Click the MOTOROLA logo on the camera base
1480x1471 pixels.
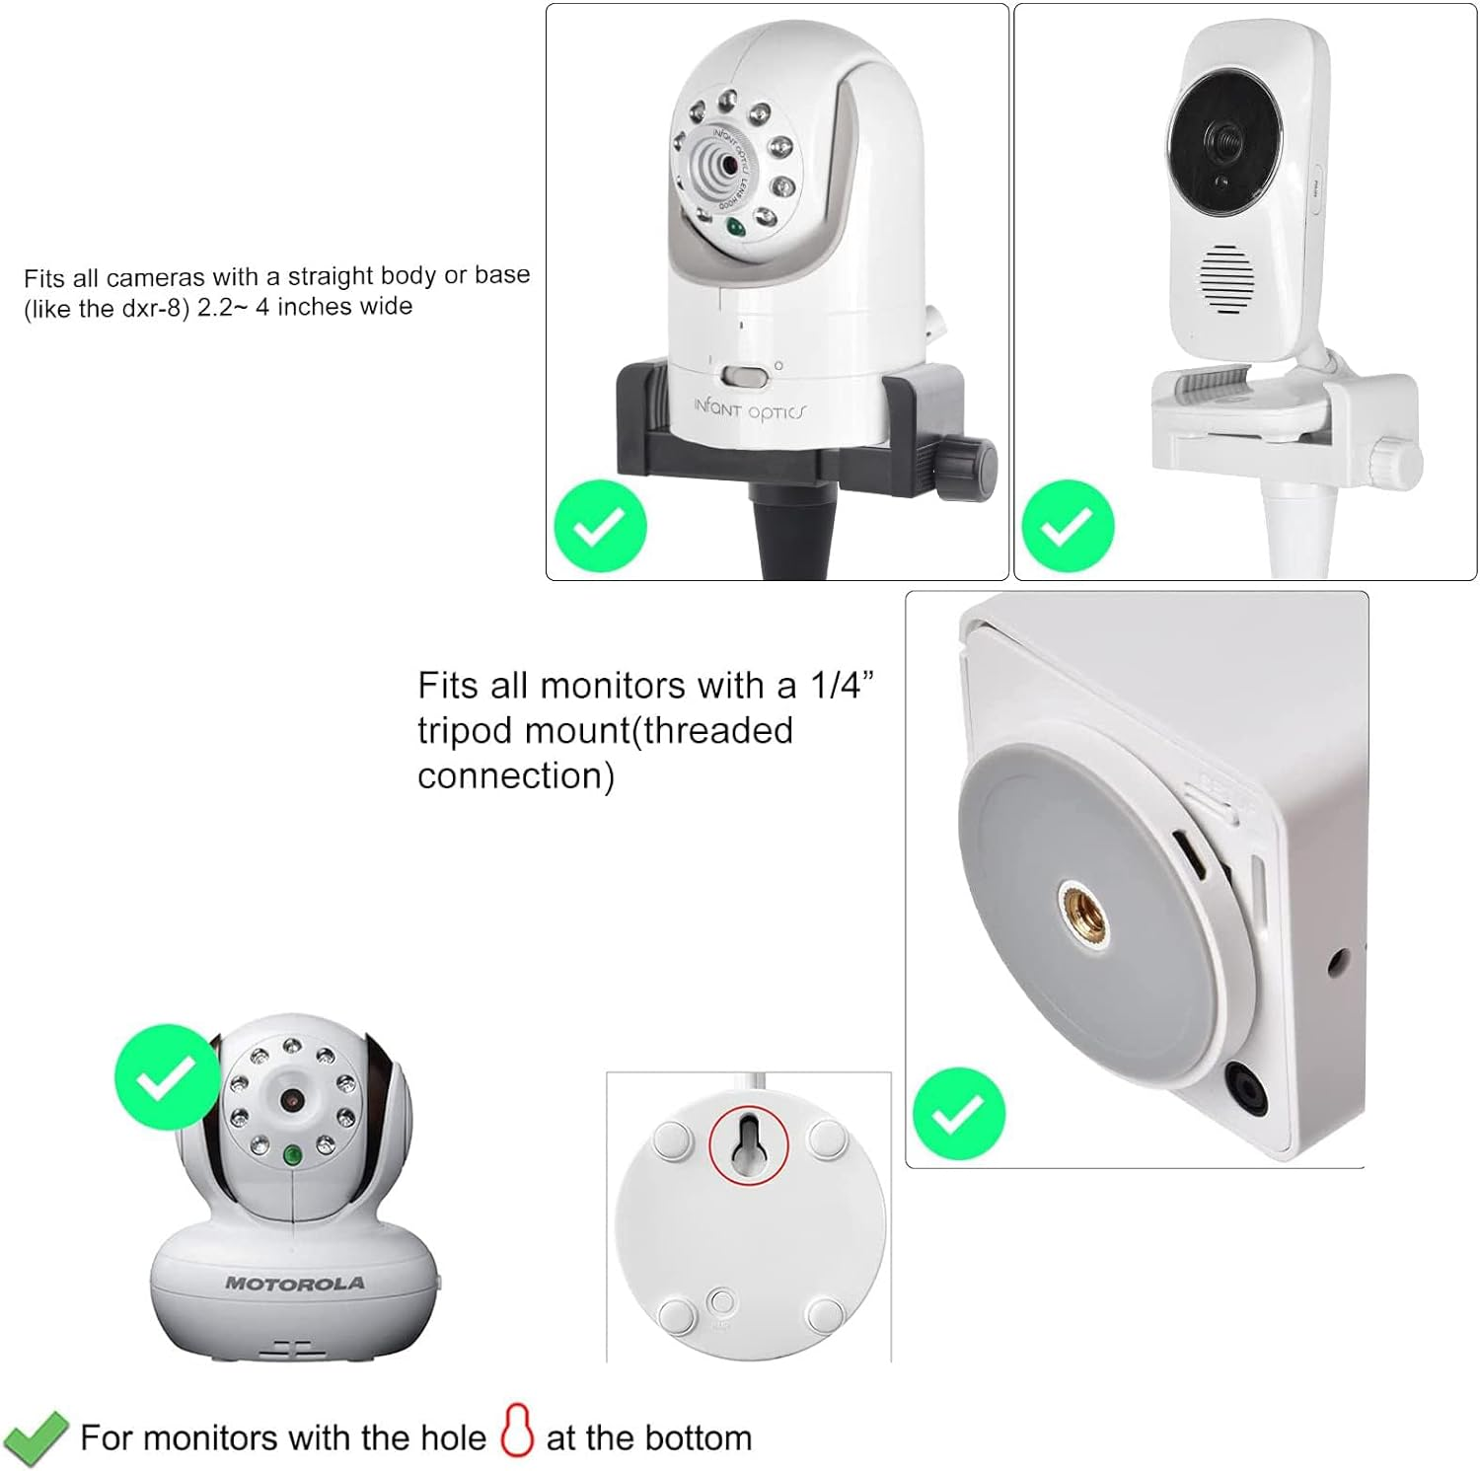[295, 1284]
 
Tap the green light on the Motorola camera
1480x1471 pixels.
[292, 1155]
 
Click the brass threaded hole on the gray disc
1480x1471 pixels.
[1083, 913]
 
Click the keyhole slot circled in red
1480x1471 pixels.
[749, 1143]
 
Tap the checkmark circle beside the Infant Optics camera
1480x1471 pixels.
[600, 526]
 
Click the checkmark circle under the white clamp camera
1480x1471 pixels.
[1068, 526]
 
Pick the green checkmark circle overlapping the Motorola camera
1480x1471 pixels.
[167, 1075]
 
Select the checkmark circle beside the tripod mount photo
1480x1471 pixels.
[958, 1114]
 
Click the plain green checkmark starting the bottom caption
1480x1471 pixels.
[36, 1438]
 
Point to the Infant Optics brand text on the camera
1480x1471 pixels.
[749, 408]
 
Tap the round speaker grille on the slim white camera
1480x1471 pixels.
[1227, 280]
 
